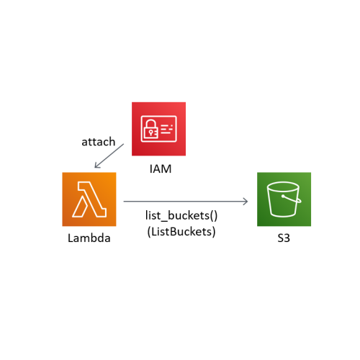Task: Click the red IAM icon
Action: [158, 128]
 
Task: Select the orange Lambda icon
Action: [89, 199]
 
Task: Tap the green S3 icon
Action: [284, 199]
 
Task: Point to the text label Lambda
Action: [89, 238]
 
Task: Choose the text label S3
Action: [284, 238]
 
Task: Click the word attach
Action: [98, 142]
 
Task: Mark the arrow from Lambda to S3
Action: [186, 202]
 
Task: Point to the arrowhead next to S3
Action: [246, 202]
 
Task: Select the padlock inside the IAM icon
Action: [150, 130]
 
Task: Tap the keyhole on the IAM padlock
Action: [150, 132]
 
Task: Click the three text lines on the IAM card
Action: [167, 130]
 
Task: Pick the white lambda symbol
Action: [89, 199]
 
